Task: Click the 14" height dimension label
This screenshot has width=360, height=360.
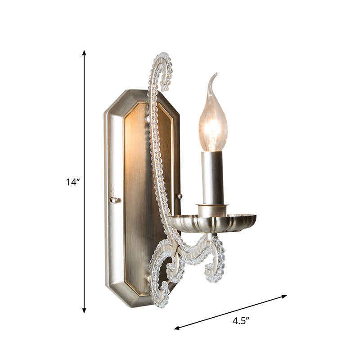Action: coord(72,182)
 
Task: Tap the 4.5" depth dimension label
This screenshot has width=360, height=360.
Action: coord(241,320)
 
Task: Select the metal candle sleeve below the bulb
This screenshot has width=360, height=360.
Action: coord(212,178)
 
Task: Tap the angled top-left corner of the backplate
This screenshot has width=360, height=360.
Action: coord(113,99)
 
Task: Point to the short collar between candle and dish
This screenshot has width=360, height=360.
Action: coord(212,208)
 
